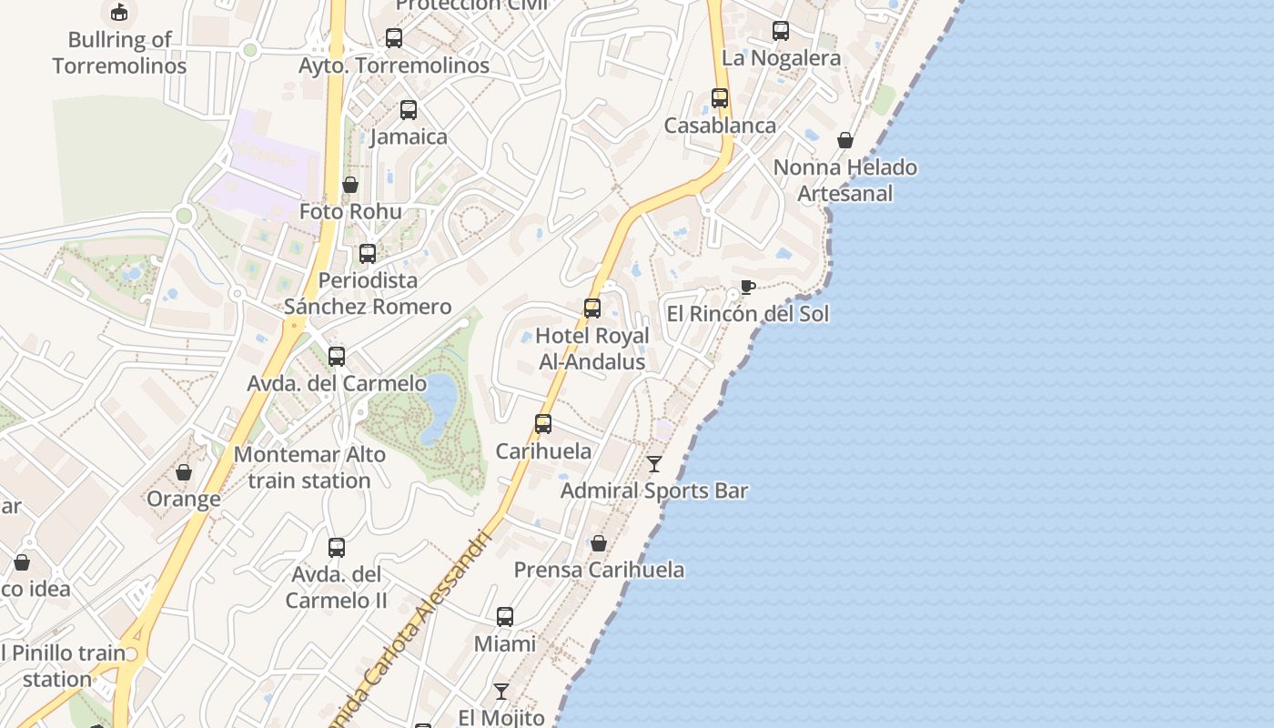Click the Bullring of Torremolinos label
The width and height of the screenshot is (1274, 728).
tap(119, 53)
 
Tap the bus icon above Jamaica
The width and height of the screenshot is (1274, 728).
tap(409, 110)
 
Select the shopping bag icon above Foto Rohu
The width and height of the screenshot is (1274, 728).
tap(350, 185)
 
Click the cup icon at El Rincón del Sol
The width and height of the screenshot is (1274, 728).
tap(747, 288)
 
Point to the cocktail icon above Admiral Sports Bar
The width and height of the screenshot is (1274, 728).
tap(654, 464)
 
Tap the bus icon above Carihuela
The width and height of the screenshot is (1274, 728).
tap(543, 424)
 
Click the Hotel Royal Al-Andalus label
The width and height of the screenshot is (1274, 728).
tap(592, 349)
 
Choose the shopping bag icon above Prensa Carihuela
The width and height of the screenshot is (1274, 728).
tap(599, 543)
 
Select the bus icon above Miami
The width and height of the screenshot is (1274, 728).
tap(505, 617)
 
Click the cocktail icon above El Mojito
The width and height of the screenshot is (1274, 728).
tap(501, 692)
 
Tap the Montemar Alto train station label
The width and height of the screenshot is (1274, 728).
tap(309, 468)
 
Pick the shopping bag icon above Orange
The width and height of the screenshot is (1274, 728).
tap(184, 472)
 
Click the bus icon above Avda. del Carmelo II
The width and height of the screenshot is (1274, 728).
tap(337, 548)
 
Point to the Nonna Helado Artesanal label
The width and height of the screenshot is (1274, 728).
tap(844, 180)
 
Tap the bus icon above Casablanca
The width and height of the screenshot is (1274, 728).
tap(720, 98)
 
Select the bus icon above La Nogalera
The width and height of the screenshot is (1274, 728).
tap(781, 31)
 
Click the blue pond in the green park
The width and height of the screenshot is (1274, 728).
tap(440, 407)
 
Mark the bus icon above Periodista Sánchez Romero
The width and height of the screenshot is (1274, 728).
tap(368, 254)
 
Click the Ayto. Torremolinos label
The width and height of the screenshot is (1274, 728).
tap(394, 66)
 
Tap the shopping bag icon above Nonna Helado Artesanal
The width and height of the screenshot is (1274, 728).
tap(845, 140)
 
